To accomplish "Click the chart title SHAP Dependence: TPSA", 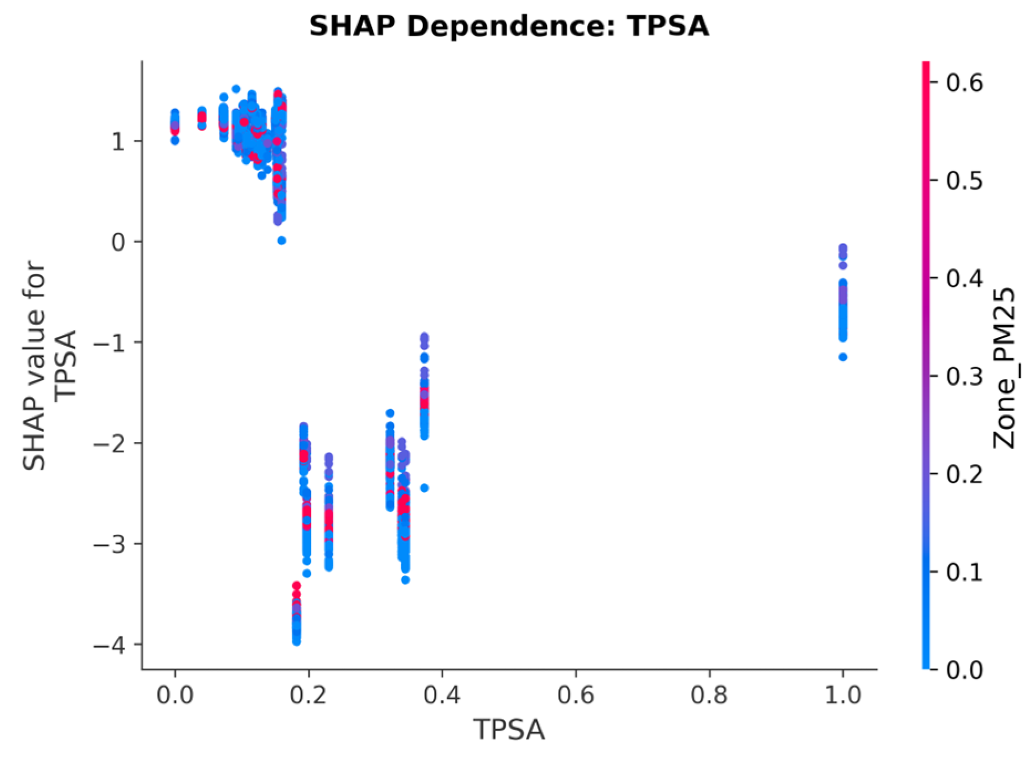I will tap(509, 26).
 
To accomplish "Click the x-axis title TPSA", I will tap(509, 729).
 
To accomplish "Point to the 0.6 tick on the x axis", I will tap(576, 695).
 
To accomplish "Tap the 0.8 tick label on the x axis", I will tap(709, 695).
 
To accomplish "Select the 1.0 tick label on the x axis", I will tap(843, 695).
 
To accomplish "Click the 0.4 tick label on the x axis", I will tap(442, 695).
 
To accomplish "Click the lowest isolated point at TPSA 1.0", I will tap(843, 357).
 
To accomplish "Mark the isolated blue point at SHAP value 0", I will tap(281, 241).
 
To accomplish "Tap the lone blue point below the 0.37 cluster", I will tap(424, 488).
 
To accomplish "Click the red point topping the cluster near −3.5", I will tap(296, 586).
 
